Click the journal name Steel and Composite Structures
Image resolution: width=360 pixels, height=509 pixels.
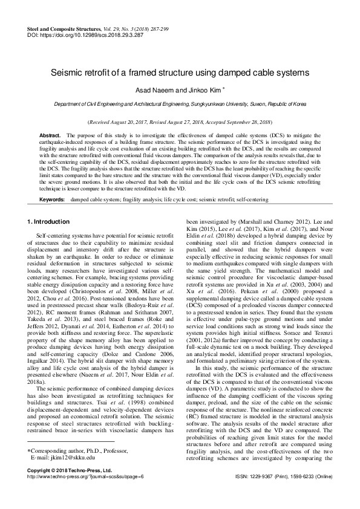tap(65, 29)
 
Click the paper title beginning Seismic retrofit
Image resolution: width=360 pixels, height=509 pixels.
tap(180, 72)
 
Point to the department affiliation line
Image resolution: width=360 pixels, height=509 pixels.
tap(180, 105)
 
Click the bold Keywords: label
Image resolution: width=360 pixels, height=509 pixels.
tap(53, 182)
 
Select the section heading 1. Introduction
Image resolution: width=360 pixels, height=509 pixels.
tap(51, 205)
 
